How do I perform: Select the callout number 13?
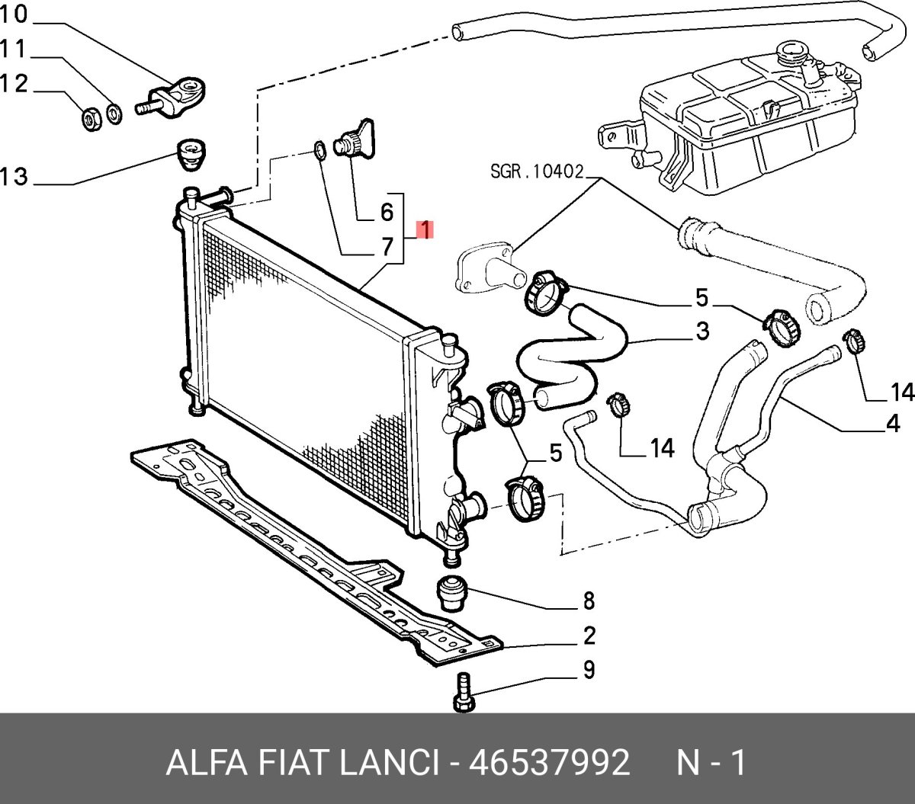(14, 178)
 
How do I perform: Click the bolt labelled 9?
(463, 694)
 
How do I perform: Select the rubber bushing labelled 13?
(189, 154)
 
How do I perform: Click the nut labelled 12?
(90, 119)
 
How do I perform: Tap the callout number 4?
(893, 424)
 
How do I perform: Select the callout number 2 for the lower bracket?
(589, 636)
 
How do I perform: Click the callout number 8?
(589, 601)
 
